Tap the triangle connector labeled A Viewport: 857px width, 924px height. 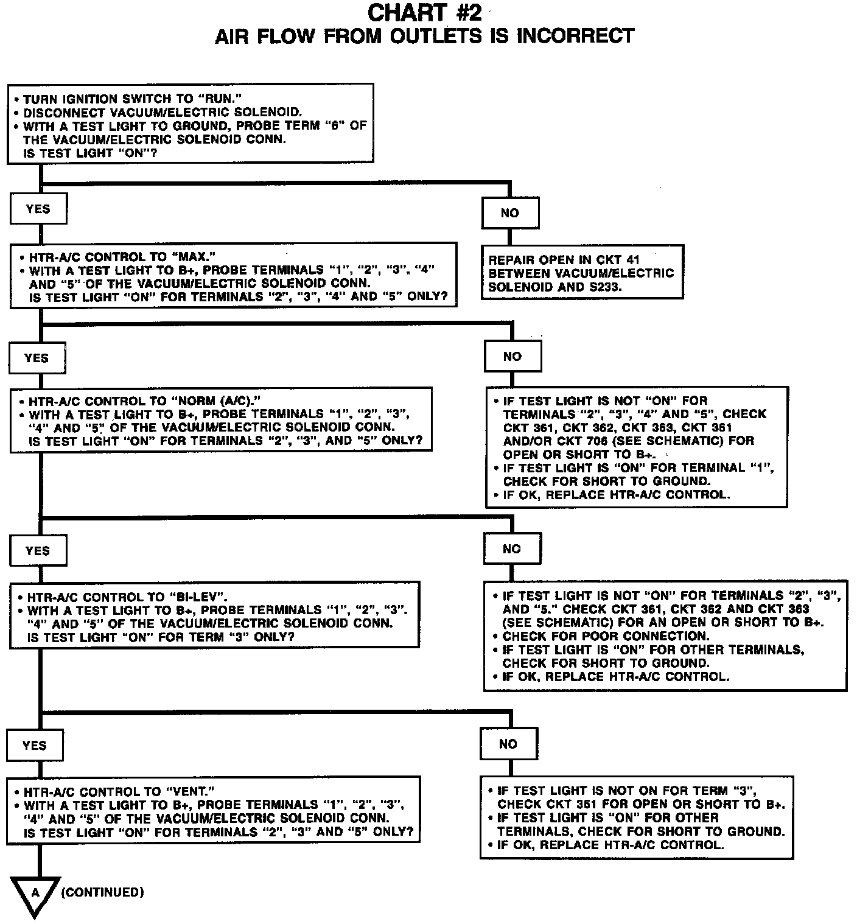(x=35, y=894)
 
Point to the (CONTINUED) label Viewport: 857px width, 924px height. (x=103, y=892)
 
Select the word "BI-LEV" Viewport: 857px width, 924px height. (x=197, y=597)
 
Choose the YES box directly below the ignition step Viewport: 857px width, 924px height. (x=38, y=209)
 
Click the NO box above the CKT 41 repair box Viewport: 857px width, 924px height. (x=509, y=213)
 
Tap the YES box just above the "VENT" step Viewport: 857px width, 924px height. (x=34, y=745)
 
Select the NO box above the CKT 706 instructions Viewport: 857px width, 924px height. (x=512, y=357)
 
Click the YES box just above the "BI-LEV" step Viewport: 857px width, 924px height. (x=38, y=551)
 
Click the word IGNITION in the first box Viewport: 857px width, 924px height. (x=88, y=99)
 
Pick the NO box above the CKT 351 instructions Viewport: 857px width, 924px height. (x=508, y=744)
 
